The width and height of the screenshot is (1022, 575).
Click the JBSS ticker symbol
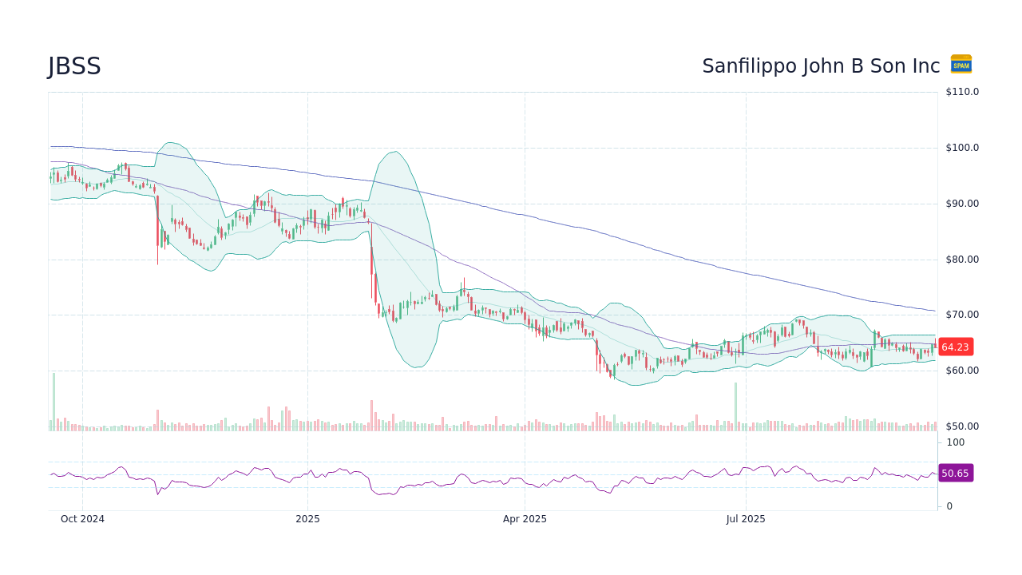coord(74,67)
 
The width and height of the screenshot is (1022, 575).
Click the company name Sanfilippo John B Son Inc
coord(821,66)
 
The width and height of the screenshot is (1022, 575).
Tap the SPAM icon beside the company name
coord(961,65)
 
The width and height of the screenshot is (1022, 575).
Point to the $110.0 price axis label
coord(962,92)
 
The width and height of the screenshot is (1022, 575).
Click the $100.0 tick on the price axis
coord(962,148)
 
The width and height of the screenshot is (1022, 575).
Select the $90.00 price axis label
coord(962,204)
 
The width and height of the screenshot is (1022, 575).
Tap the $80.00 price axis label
coord(962,260)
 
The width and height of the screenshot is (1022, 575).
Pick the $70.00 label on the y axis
coord(962,315)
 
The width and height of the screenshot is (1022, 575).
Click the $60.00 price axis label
coord(962,371)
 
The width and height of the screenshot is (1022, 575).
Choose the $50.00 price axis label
coord(962,426)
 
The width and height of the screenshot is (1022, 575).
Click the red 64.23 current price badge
coord(955,347)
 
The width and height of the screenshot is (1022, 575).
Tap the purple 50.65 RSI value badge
coord(955,474)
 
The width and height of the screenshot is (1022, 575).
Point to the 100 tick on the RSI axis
coord(955,442)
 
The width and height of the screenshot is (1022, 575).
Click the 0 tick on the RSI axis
coord(949,506)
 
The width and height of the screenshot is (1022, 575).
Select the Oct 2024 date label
coord(82,519)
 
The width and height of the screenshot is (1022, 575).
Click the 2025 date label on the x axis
coord(307,519)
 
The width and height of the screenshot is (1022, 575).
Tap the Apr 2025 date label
coord(525,519)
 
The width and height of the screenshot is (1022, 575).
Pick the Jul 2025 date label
coord(746,519)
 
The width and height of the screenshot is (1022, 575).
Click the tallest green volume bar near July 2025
coord(735,407)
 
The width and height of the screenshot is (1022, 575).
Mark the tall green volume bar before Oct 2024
coord(53,402)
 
